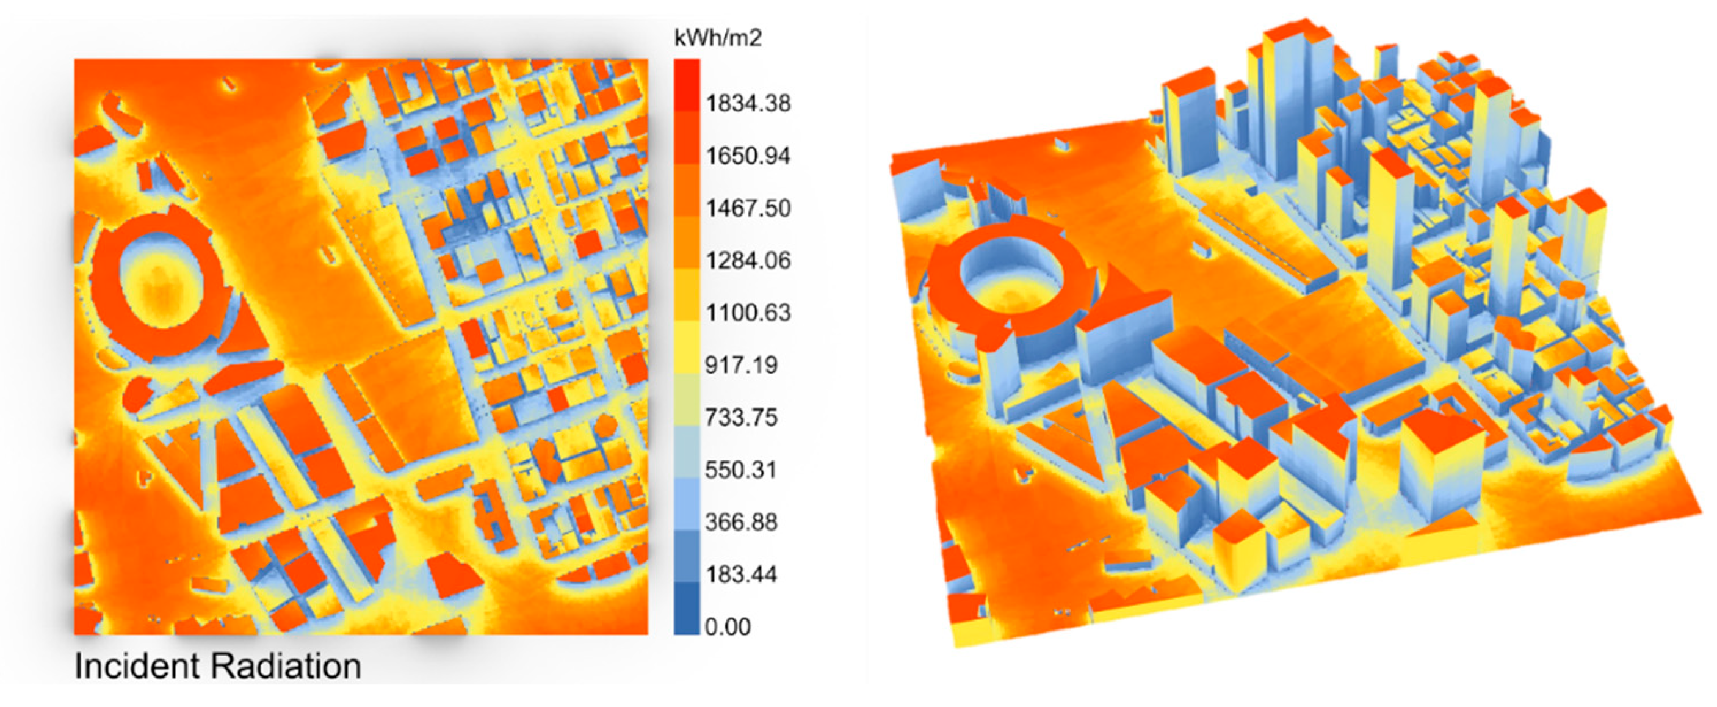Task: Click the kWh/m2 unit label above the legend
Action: pyautogui.click(x=717, y=38)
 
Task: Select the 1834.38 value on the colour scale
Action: pyautogui.click(x=748, y=103)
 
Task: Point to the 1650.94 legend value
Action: pyautogui.click(x=748, y=156)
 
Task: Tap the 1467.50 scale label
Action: pyautogui.click(x=748, y=208)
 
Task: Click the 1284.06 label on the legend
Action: pyautogui.click(x=748, y=260)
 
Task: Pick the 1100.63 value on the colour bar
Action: pyautogui.click(x=748, y=312)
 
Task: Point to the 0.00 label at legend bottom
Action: pyautogui.click(x=727, y=627)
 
